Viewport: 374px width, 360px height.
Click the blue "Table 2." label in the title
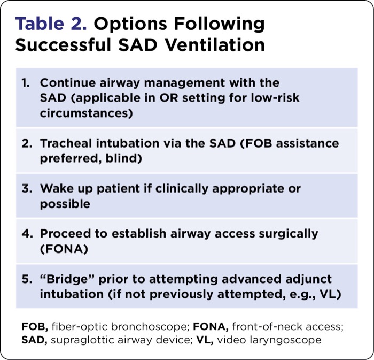(x=54, y=24)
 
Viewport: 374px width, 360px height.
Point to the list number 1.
(x=26, y=83)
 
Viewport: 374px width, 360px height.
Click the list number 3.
(x=26, y=189)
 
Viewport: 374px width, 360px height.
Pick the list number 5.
(x=26, y=279)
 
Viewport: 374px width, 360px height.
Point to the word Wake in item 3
(x=56, y=189)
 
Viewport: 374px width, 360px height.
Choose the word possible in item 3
(x=65, y=204)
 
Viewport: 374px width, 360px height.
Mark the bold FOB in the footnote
(x=34, y=326)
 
